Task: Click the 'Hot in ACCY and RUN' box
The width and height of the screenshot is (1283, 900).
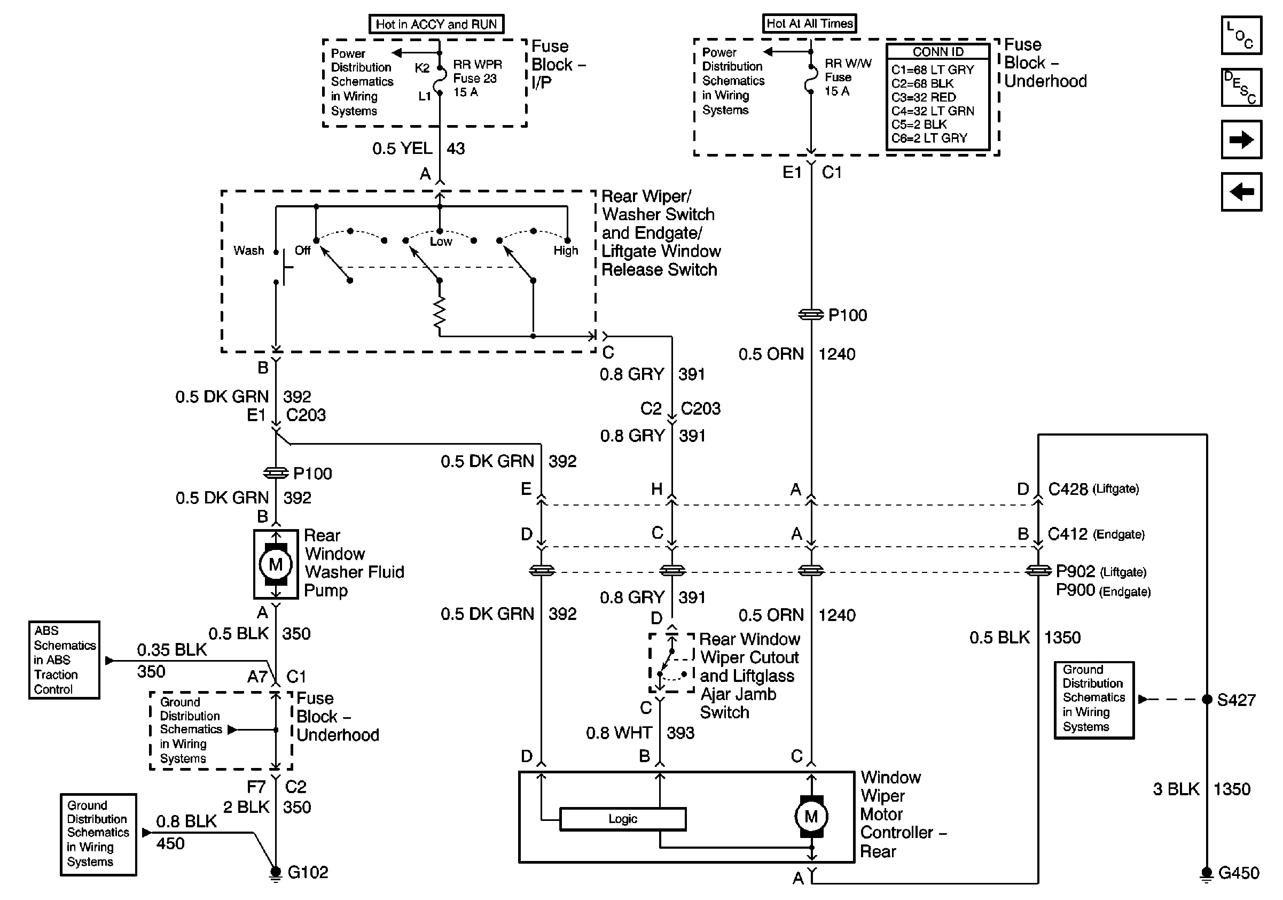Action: pyautogui.click(x=436, y=24)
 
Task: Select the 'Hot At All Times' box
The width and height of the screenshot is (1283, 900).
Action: pyautogui.click(x=809, y=24)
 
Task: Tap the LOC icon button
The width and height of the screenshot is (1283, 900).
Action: pyautogui.click(x=1241, y=35)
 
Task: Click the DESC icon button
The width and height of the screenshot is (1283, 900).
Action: pyautogui.click(x=1241, y=87)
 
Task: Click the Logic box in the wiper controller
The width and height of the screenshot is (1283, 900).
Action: pyautogui.click(x=622, y=819)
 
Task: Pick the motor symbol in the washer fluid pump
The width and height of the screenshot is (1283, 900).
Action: pyautogui.click(x=276, y=564)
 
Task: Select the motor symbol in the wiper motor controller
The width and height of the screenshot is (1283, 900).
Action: pyautogui.click(x=811, y=817)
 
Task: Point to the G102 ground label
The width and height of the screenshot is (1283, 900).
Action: pyautogui.click(x=307, y=873)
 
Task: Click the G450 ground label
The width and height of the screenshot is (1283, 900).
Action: pyautogui.click(x=1238, y=873)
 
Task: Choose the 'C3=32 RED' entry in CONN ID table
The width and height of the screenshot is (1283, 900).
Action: pyautogui.click(x=923, y=97)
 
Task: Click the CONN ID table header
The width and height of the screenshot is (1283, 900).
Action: pyautogui.click(x=937, y=52)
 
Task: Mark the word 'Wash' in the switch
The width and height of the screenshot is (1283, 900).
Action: pyautogui.click(x=249, y=251)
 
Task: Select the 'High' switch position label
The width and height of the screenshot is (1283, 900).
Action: pyautogui.click(x=566, y=251)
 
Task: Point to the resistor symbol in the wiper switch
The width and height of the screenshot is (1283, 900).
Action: pyautogui.click(x=440, y=313)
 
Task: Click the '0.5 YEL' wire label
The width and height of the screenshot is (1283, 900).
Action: pyautogui.click(x=402, y=149)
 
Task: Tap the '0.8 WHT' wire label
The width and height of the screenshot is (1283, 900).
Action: pyautogui.click(x=619, y=733)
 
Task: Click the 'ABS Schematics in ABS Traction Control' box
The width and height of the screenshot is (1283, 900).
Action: pyautogui.click(x=64, y=660)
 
